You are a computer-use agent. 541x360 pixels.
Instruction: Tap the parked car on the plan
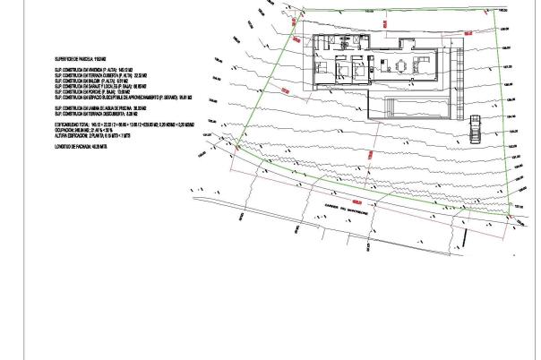tap(476, 128)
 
